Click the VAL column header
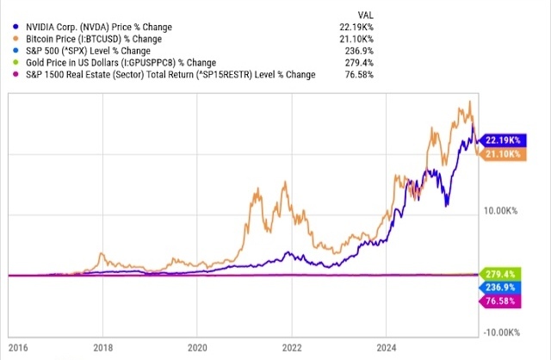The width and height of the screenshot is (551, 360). (x=365, y=15)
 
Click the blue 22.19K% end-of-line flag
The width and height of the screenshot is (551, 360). (x=500, y=140)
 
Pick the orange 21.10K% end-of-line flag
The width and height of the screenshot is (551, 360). (x=500, y=153)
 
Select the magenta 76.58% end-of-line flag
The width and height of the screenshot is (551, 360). (x=502, y=301)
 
